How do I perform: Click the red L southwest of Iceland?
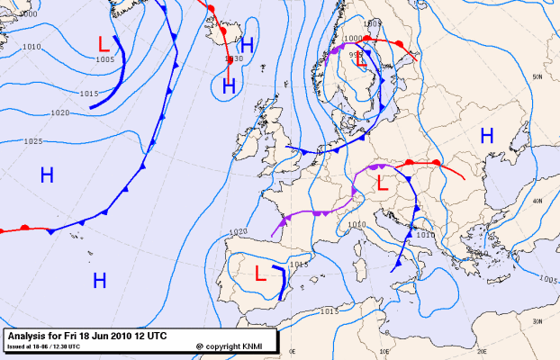point(104,42)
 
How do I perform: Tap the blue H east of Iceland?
point(246,46)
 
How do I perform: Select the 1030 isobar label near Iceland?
point(234,59)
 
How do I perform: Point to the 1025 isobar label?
point(32,141)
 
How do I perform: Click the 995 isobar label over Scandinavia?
point(355,53)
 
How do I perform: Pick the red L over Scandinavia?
point(362,61)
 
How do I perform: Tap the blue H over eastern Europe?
point(487,136)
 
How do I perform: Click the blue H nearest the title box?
point(100,280)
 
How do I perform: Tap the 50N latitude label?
point(537,77)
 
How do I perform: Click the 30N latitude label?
point(537,320)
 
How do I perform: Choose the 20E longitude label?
point(480,353)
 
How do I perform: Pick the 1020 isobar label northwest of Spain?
point(238,231)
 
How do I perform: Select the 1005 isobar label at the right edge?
point(547,279)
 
